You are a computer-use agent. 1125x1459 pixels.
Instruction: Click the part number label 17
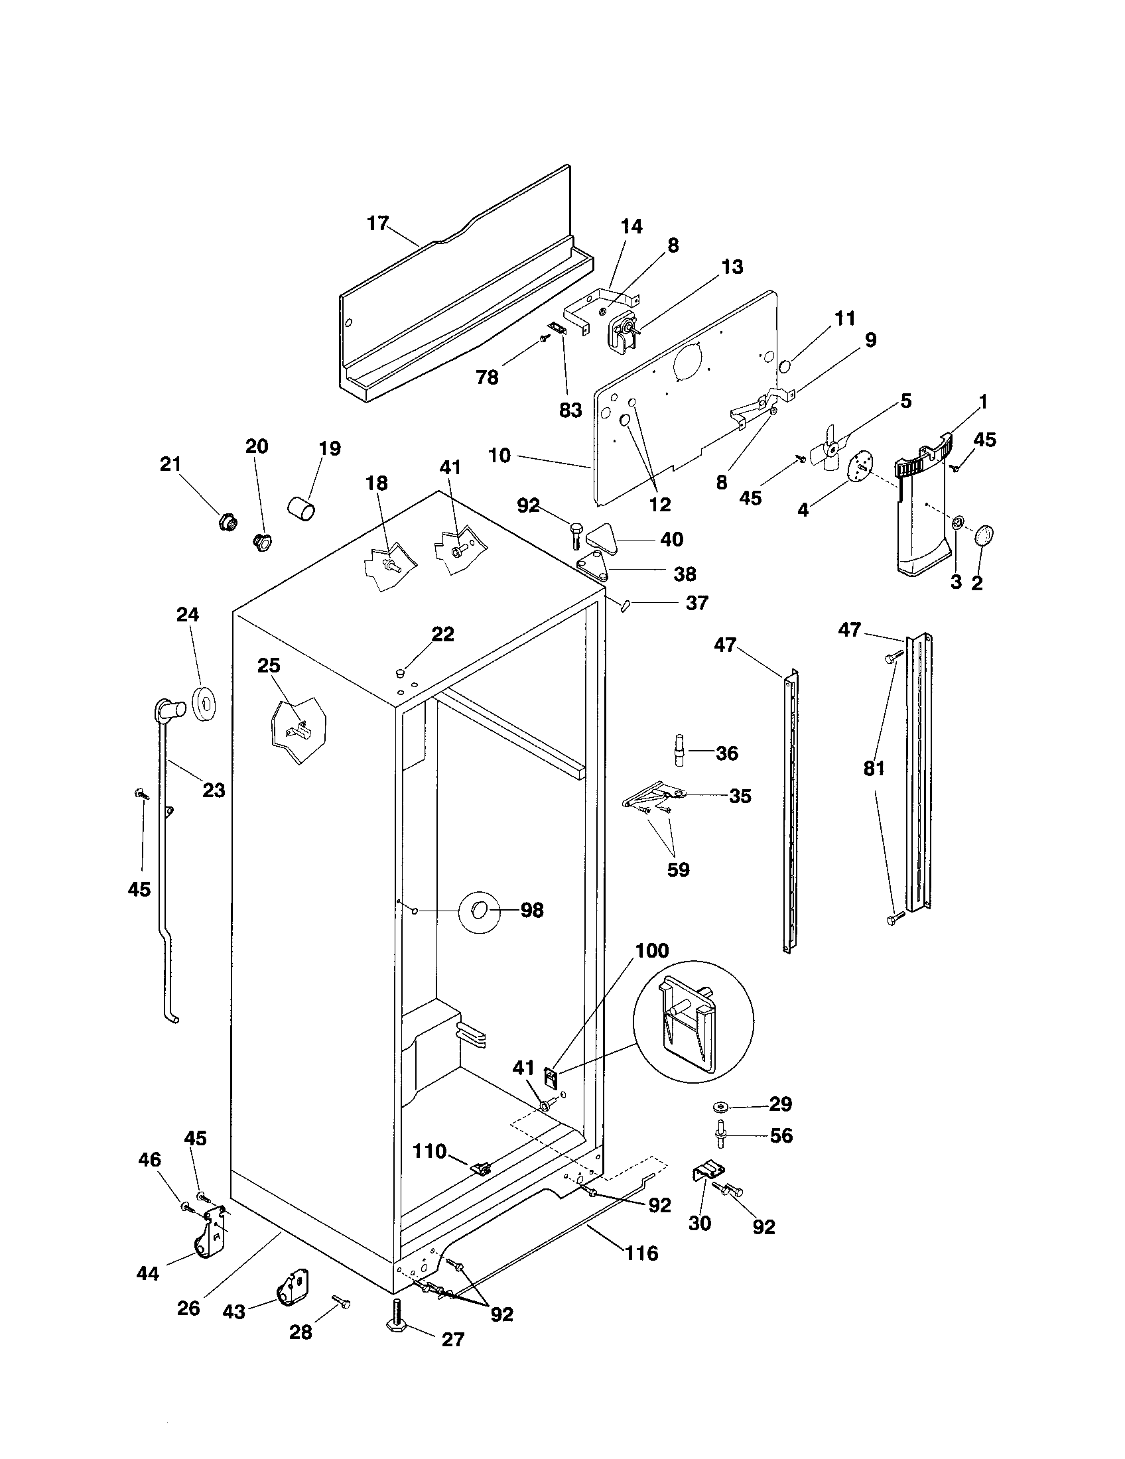[x=378, y=223]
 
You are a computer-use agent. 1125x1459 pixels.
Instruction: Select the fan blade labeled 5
[x=827, y=449]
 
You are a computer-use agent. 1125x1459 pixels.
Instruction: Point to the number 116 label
[x=642, y=1253]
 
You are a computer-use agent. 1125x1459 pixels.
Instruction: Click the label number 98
[x=532, y=910]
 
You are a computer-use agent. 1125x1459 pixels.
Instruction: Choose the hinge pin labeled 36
[x=678, y=752]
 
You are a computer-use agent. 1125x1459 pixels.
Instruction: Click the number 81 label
[x=874, y=769]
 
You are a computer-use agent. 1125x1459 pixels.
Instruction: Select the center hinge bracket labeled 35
[x=651, y=795]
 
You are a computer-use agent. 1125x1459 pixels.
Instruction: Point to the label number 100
[x=652, y=950]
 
